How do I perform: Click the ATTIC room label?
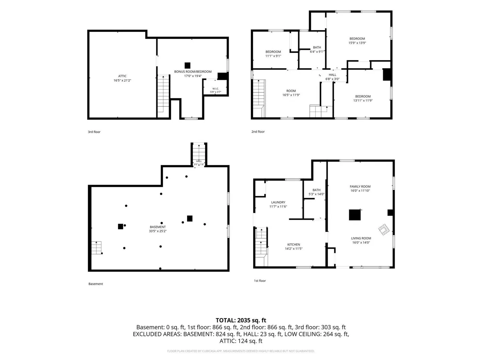122,76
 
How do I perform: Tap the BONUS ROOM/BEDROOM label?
193,72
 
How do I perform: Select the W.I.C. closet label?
216,89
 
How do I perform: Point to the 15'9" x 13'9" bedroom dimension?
357,43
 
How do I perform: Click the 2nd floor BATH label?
317,47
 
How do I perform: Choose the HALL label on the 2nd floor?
332,75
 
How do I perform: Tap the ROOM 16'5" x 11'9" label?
291,91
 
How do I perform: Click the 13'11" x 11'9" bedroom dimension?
363,101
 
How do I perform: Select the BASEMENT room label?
158,227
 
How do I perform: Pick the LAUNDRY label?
278,202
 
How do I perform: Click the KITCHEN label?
294,244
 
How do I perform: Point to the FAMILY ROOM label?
360,187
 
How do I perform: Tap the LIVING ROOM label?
361,238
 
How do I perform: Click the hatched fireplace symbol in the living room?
384,230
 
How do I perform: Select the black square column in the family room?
354,215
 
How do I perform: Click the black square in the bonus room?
187,66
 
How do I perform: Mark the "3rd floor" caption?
94,132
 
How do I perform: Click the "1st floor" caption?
260,281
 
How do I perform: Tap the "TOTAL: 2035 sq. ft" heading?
241,321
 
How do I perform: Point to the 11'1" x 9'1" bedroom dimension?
273,56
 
